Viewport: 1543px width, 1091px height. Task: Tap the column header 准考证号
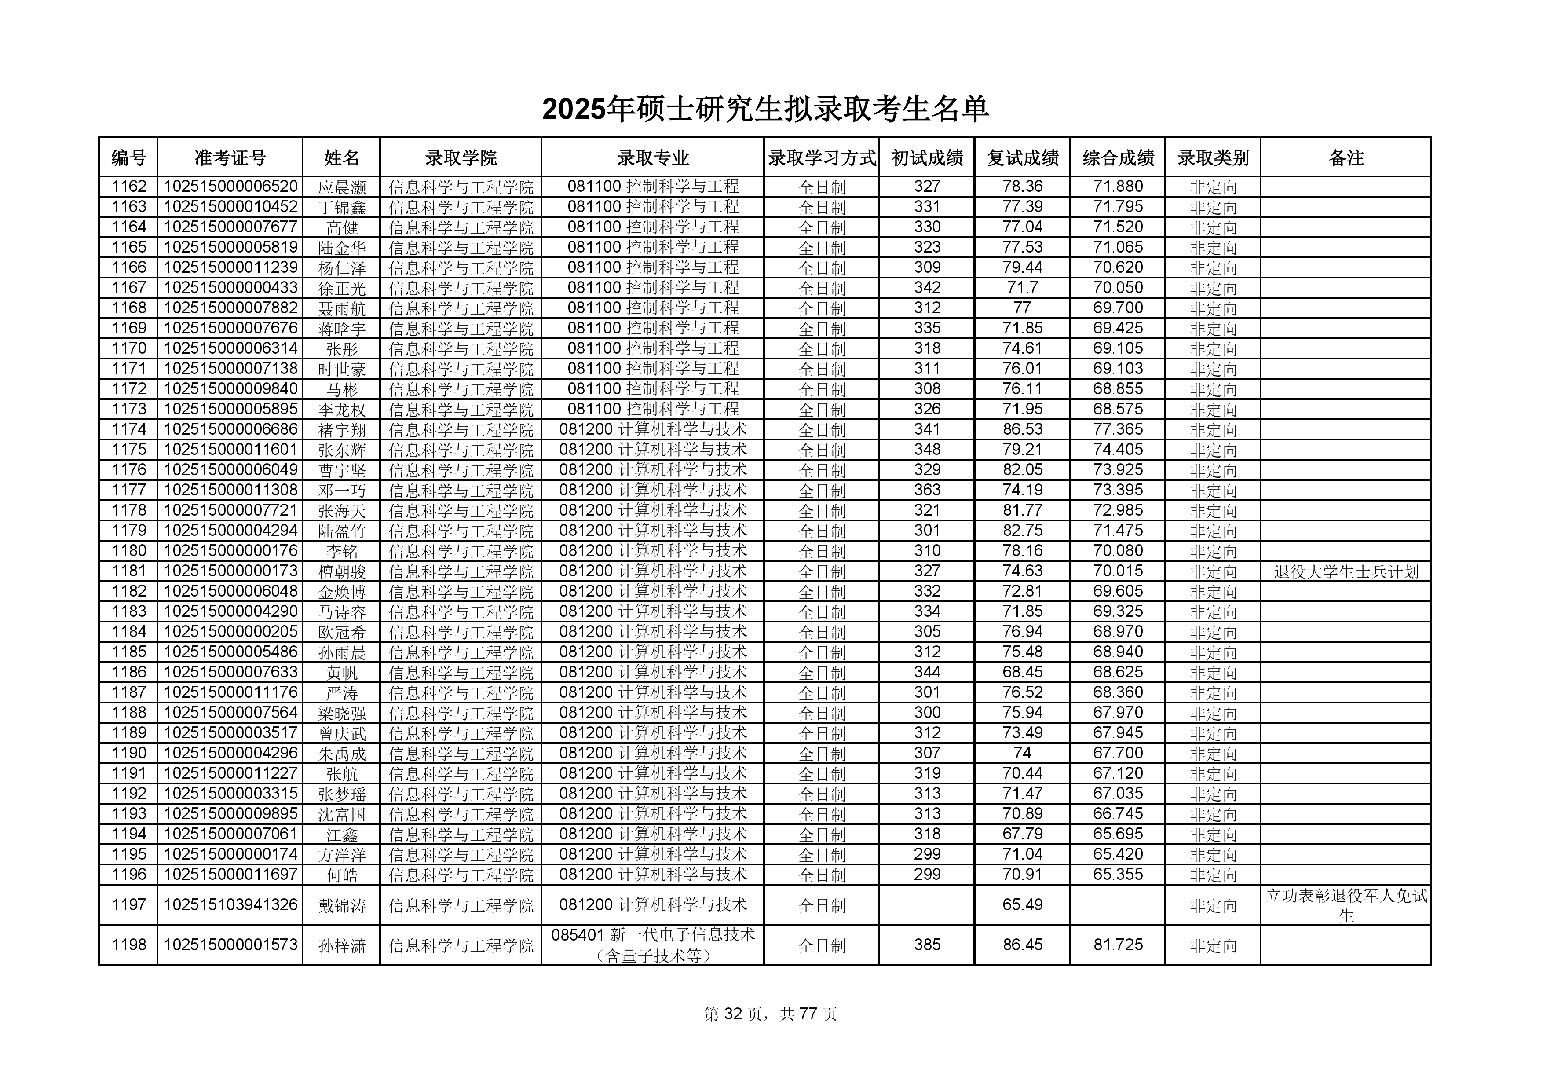pos(230,158)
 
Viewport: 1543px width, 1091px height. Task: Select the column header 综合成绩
pos(1118,158)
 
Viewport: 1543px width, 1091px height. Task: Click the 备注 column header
pos(1346,158)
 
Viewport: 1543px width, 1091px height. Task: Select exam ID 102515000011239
pos(230,267)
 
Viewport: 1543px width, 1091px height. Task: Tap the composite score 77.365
pos(1118,429)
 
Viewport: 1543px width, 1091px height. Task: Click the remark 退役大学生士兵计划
pos(1346,572)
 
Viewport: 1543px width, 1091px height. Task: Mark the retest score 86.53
pos(1022,429)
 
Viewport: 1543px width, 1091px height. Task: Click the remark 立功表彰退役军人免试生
pos(1346,905)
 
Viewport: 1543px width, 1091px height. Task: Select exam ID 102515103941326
pos(230,905)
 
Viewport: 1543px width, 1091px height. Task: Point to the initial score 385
pos(927,945)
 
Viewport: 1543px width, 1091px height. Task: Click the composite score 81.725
pos(1118,945)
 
